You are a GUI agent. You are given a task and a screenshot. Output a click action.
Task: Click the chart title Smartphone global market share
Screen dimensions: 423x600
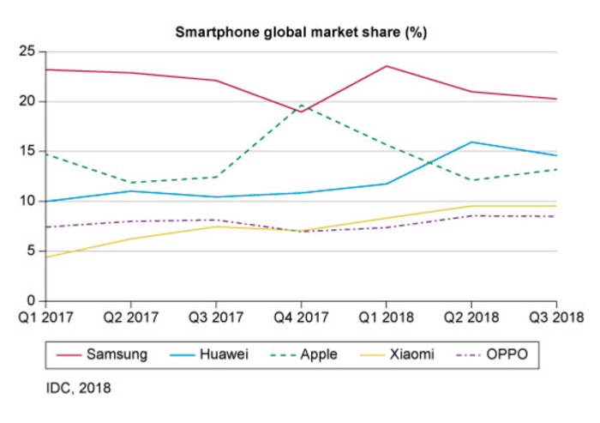pyautogui.click(x=301, y=33)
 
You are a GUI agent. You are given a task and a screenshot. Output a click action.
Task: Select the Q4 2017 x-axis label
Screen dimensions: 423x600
pyautogui.click(x=300, y=317)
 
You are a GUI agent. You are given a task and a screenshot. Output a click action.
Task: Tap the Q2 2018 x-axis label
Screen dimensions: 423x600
pyautogui.click(x=471, y=317)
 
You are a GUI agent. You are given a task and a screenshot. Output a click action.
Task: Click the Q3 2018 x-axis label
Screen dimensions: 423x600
pyautogui.click(x=555, y=317)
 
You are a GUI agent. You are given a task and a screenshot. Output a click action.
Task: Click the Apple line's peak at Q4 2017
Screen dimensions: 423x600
pyautogui.click(x=301, y=105)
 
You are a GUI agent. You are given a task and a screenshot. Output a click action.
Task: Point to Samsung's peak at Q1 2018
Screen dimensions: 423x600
pyautogui.click(x=386, y=66)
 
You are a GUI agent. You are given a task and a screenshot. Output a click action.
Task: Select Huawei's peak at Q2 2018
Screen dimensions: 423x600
pyautogui.click(x=471, y=142)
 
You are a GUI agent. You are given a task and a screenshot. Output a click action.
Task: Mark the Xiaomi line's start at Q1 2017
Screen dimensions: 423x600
pyautogui.click(x=45, y=257)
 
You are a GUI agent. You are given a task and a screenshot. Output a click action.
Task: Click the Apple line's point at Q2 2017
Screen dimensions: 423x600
pyautogui.click(x=129, y=183)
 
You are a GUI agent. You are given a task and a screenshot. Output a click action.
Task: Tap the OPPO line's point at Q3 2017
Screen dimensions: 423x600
pyautogui.click(x=215, y=220)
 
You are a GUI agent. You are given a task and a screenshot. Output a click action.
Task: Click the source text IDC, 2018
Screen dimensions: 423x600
pyautogui.click(x=77, y=388)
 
